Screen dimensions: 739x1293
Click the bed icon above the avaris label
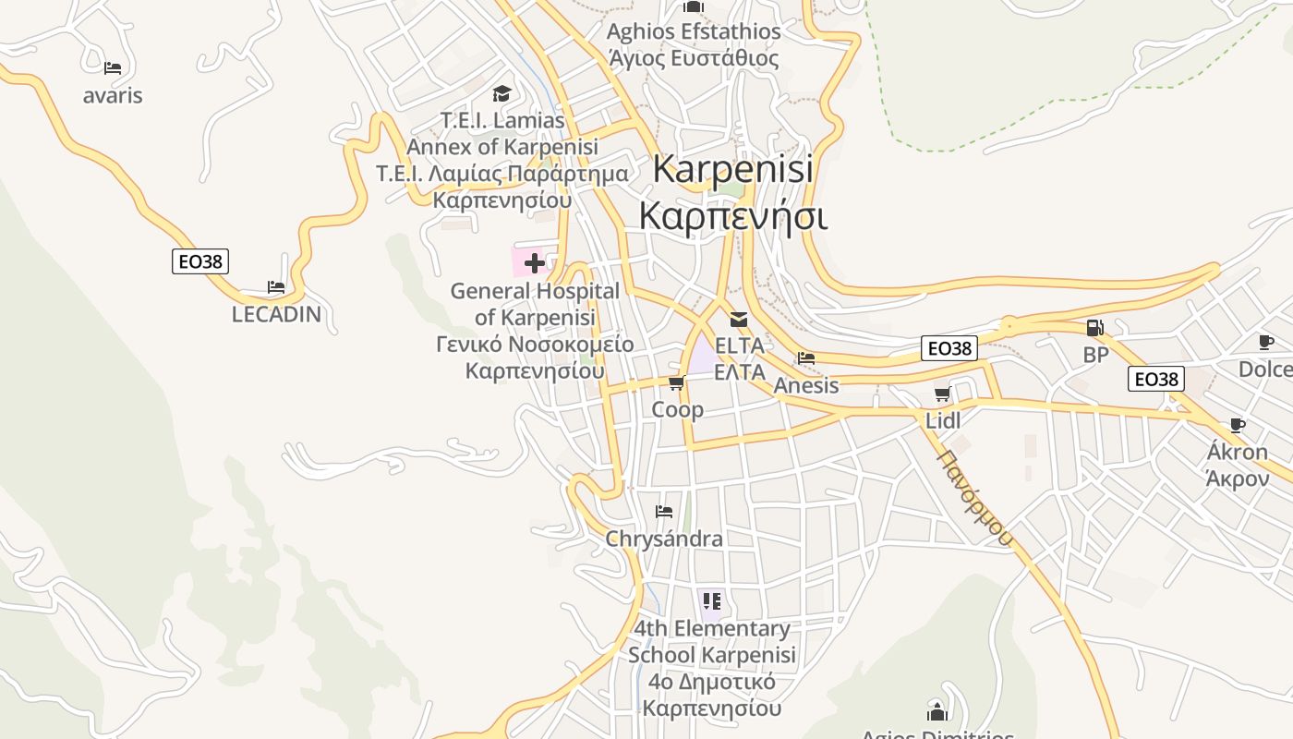pyautogui.click(x=113, y=67)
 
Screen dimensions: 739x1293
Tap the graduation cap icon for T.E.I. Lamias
pyautogui.click(x=501, y=93)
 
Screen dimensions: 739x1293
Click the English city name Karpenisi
pyautogui.click(x=733, y=169)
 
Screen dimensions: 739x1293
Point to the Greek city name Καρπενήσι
pyautogui.click(x=733, y=216)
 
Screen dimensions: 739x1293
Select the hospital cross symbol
pyautogui.click(x=534, y=264)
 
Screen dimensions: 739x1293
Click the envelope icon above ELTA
pyautogui.click(x=739, y=320)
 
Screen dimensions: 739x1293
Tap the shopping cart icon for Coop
pyautogui.click(x=676, y=383)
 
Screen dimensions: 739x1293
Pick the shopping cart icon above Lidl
pyautogui.click(x=942, y=394)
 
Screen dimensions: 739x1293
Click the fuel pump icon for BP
pyautogui.click(x=1094, y=328)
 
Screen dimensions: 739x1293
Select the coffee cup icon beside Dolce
pyautogui.click(x=1266, y=343)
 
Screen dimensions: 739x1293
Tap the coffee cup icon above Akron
pyautogui.click(x=1238, y=425)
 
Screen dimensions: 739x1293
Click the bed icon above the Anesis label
pyautogui.click(x=806, y=358)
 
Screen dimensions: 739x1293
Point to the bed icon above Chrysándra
pyautogui.click(x=663, y=512)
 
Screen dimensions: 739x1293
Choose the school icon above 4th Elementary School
pyautogui.click(x=711, y=602)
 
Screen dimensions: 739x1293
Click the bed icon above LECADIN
pyautogui.click(x=275, y=287)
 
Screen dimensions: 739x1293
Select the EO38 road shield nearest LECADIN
pyautogui.click(x=200, y=261)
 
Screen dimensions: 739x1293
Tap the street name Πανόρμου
pyautogui.click(x=975, y=498)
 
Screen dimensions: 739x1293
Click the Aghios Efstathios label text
pyautogui.click(x=694, y=31)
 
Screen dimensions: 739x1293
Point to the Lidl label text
pyautogui.click(x=943, y=421)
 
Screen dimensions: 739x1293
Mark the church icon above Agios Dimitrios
pyautogui.click(x=937, y=712)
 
